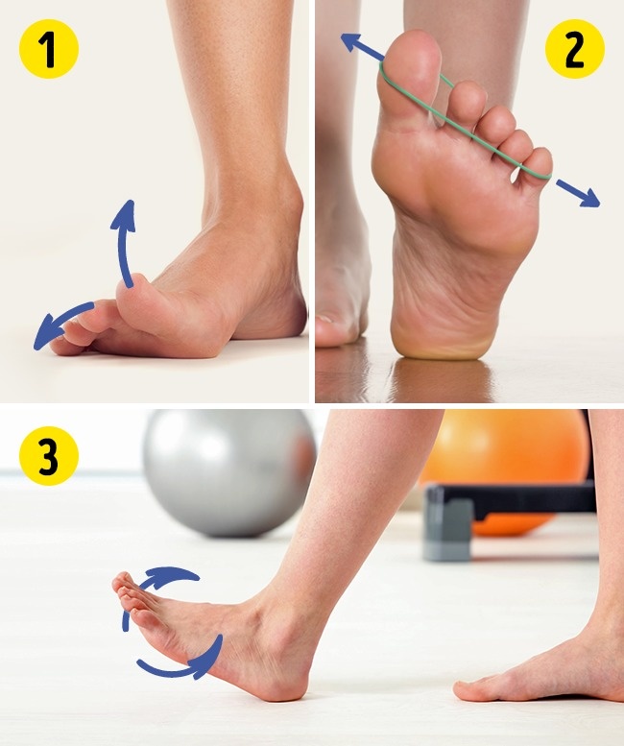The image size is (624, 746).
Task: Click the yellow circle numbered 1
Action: (49, 49)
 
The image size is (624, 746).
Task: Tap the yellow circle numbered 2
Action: (574, 49)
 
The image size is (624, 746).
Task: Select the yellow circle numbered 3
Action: (49, 456)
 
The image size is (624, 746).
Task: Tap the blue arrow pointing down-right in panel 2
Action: (578, 193)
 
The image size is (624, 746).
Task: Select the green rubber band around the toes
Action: (464, 125)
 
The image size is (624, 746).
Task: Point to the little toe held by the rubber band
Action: (535, 164)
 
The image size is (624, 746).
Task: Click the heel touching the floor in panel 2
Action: (440, 340)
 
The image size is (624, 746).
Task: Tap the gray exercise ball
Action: (229, 473)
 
